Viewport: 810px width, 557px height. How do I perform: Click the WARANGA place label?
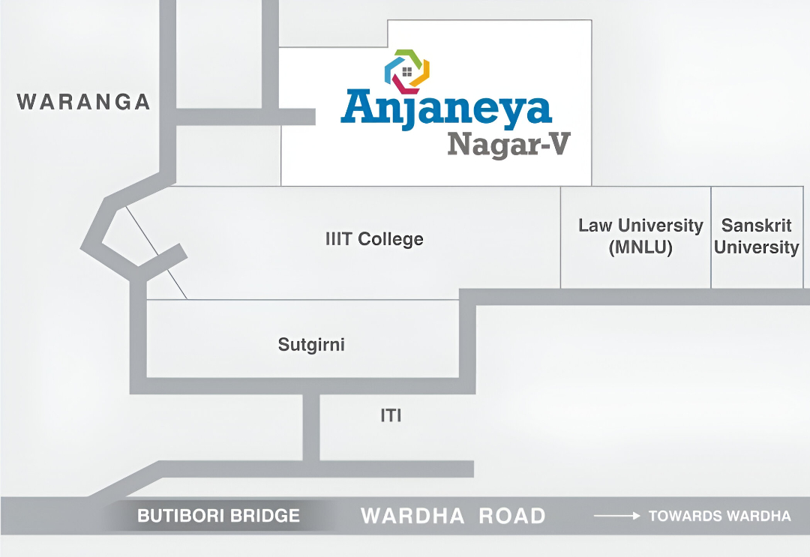pos(84,102)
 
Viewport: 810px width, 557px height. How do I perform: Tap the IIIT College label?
pos(374,239)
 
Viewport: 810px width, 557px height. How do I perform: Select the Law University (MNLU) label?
pos(640,236)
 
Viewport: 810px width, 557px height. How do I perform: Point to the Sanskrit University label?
pos(756,236)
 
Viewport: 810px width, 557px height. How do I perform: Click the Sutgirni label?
pos(311,345)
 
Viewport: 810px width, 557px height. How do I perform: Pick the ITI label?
pos(391,415)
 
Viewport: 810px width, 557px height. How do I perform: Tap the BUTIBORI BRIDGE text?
pos(218,516)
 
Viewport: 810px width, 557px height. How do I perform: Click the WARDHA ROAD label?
pos(453,516)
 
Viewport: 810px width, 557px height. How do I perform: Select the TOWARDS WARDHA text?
pos(719,516)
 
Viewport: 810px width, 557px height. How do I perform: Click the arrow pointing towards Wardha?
pos(616,516)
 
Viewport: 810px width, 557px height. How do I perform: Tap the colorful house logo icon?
pos(407,71)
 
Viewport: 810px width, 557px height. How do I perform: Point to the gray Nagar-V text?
pos(508,144)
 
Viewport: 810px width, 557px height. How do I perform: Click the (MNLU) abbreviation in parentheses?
pos(640,247)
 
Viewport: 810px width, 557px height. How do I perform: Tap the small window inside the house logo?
pos(407,72)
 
